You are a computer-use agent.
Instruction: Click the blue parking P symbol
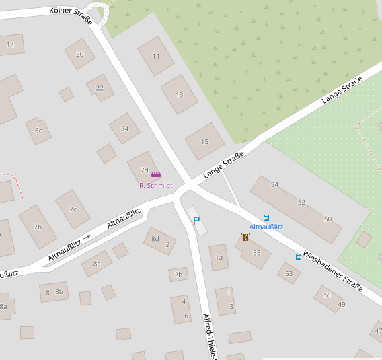(196, 220)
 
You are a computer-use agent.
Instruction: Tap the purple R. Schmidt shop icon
(156, 175)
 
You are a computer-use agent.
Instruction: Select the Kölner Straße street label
(71, 15)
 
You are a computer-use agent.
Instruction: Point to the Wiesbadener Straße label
(333, 271)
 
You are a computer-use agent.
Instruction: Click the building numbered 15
(204, 141)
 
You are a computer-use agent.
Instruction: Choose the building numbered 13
(179, 95)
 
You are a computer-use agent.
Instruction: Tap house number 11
(156, 56)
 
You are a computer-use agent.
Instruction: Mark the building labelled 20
(80, 55)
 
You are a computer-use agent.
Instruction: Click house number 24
(124, 129)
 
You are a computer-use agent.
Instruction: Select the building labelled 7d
(143, 170)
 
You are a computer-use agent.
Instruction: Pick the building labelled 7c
(73, 209)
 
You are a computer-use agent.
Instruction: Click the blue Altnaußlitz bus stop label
(266, 227)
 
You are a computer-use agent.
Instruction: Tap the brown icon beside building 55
(245, 237)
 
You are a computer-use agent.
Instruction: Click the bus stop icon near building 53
(299, 256)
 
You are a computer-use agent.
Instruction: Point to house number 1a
(219, 257)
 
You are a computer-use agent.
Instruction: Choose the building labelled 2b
(178, 275)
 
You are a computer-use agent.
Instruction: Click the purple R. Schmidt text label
(155, 185)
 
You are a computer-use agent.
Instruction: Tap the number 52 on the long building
(301, 202)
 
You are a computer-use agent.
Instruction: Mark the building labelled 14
(10, 45)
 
